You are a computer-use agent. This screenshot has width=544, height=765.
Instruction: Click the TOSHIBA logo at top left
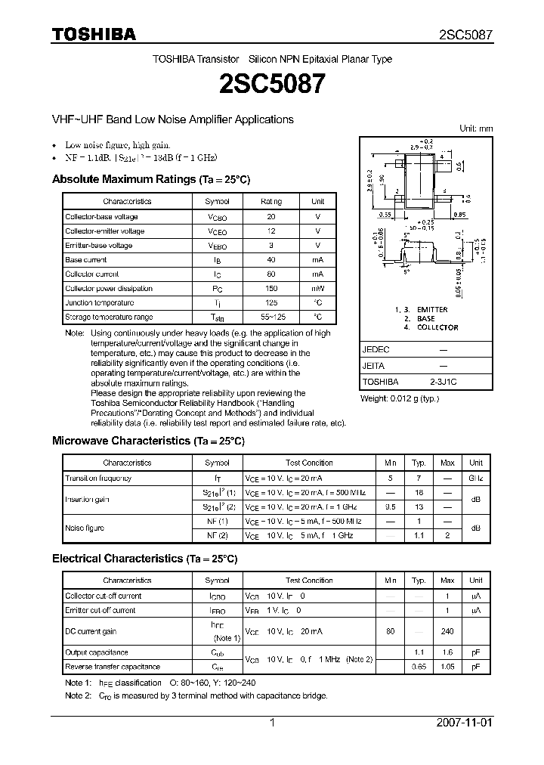[94, 34]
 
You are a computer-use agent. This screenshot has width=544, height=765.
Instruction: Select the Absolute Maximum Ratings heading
[150, 180]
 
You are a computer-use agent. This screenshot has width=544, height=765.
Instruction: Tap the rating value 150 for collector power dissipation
[271, 288]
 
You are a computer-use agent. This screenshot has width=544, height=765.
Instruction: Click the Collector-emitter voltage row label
[104, 231]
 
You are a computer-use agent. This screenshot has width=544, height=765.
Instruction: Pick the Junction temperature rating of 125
[271, 302]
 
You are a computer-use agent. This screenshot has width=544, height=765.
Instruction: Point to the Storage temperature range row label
[109, 317]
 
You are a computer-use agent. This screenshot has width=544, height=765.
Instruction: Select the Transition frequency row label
[98, 478]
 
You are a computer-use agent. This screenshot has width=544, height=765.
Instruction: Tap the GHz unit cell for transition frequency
[475, 478]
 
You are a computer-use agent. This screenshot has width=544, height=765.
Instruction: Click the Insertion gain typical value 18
[419, 492]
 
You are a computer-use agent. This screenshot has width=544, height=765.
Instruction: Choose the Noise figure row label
[85, 528]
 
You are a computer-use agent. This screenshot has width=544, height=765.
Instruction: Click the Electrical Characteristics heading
[144, 559]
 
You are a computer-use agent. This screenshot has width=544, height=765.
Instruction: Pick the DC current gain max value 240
[447, 631]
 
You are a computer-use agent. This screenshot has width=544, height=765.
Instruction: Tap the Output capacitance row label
[96, 652]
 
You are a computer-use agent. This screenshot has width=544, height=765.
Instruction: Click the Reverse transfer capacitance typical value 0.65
[419, 667]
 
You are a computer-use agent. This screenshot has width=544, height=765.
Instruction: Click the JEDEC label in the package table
[376, 350]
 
